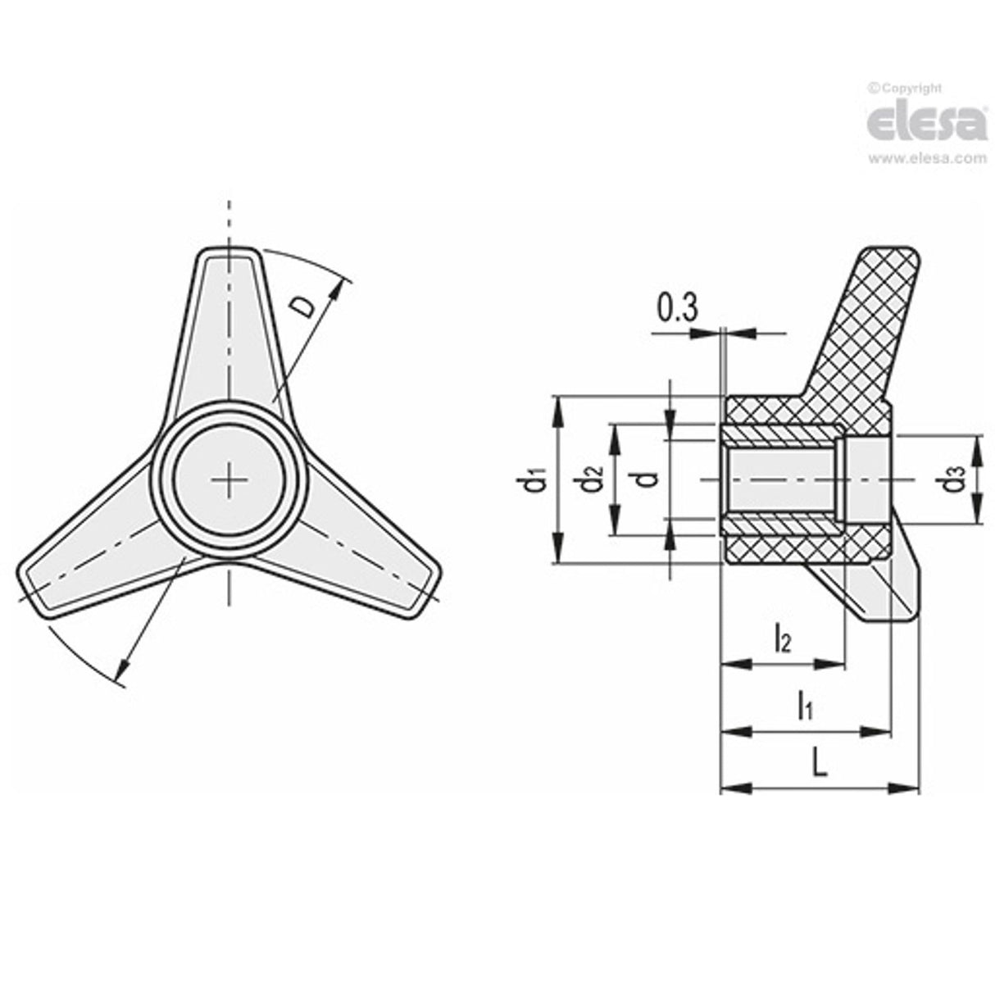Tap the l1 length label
pyautogui.click(x=806, y=705)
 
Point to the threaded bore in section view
pyautogui.click(x=783, y=480)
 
